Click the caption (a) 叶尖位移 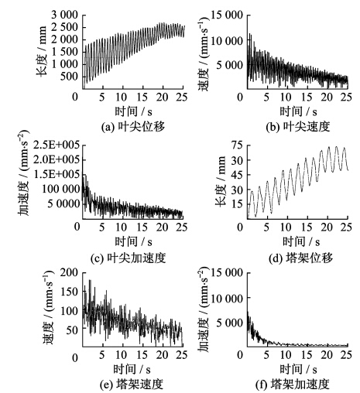click(x=133, y=127)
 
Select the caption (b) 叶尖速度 click(x=298, y=127)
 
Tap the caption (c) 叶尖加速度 click(x=129, y=258)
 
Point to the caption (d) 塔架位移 click(x=300, y=258)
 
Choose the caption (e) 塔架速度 click(x=132, y=384)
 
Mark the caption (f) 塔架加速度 click(x=293, y=384)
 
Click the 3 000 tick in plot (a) click(x=64, y=15)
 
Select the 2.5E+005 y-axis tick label click(x=57, y=145)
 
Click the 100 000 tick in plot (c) click(x=61, y=189)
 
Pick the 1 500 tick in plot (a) click(x=64, y=52)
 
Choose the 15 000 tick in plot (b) click(x=227, y=15)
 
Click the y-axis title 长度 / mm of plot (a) click(x=42, y=50)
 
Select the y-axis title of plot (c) click(x=24, y=173)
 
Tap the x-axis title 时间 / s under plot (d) click(x=301, y=241)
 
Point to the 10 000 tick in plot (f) click(x=227, y=299)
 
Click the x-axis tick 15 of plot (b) click(x=307, y=97)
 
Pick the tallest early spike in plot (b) click(x=249, y=33)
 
